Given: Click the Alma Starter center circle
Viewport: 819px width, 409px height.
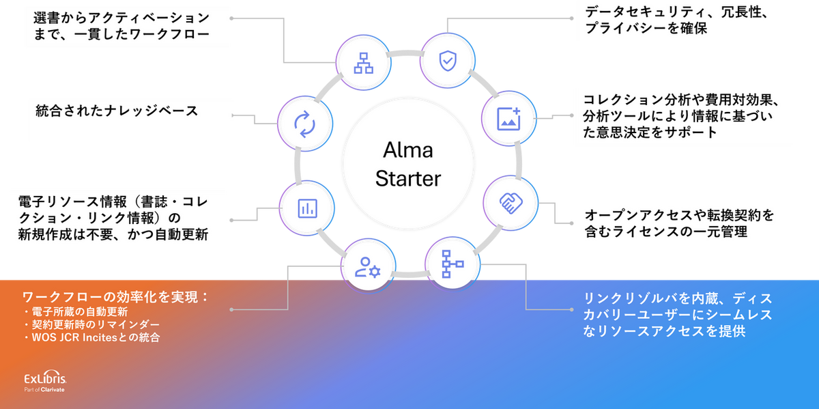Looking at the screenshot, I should tap(408, 164).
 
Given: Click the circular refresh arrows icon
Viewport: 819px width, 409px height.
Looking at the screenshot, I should tap(303, 123).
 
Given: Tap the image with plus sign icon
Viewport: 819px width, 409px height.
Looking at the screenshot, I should tap(508, 117).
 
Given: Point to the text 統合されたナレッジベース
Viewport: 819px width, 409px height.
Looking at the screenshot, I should tap(117, 111).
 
